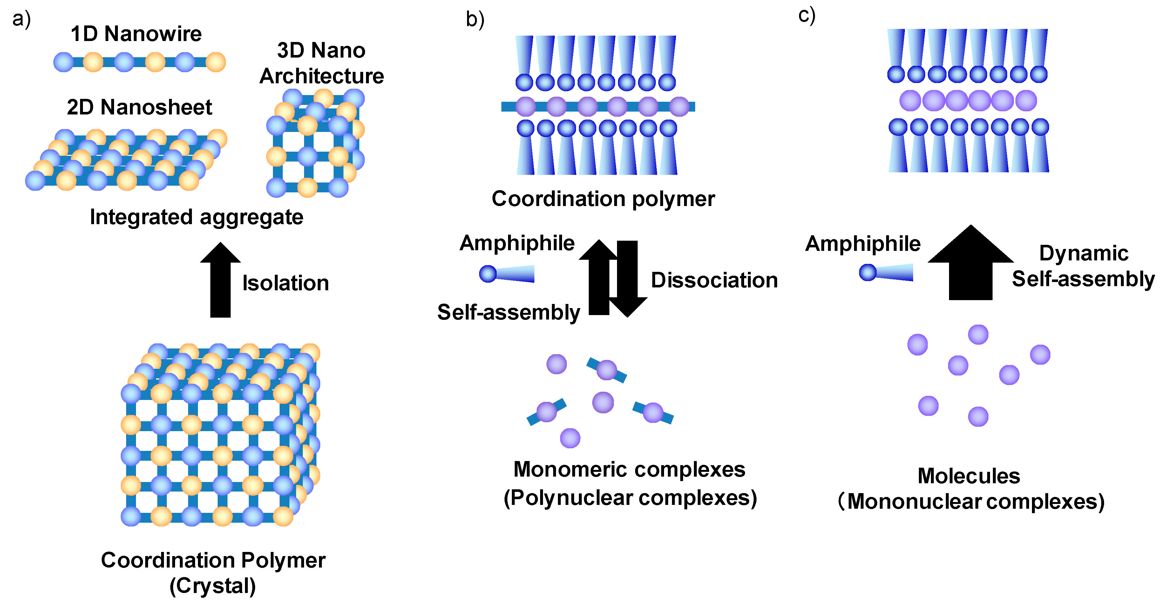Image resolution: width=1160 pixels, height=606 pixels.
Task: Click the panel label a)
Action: coord(21,19)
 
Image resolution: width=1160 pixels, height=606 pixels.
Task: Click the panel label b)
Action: coord(475,20)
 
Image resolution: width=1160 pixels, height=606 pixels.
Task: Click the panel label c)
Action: coord(806,15)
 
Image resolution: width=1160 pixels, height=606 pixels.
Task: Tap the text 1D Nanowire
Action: coord(136,34)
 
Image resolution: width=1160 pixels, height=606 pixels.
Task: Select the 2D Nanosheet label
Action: coord(139,107)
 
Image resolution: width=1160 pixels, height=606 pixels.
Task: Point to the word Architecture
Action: coord(322,76)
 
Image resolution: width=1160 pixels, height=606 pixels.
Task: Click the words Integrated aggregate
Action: coord(196,217)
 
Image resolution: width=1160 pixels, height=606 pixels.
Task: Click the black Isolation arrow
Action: coord(220,279)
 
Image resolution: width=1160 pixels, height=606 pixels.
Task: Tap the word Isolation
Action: coord(286,283)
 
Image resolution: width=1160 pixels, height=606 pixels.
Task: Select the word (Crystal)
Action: coord(213,586)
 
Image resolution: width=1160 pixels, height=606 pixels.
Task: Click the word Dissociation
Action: coord(714,280)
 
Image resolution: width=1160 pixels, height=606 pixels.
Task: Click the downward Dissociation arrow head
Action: coord(628,307)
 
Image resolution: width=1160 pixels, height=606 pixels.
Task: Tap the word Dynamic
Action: coord(1083,253)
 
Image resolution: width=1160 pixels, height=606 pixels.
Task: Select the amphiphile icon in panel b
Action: coord(506,273)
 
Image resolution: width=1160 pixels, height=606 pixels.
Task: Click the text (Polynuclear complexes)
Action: coord(630,498)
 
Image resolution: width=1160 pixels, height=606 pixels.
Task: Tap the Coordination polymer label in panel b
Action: coord(603,199)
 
